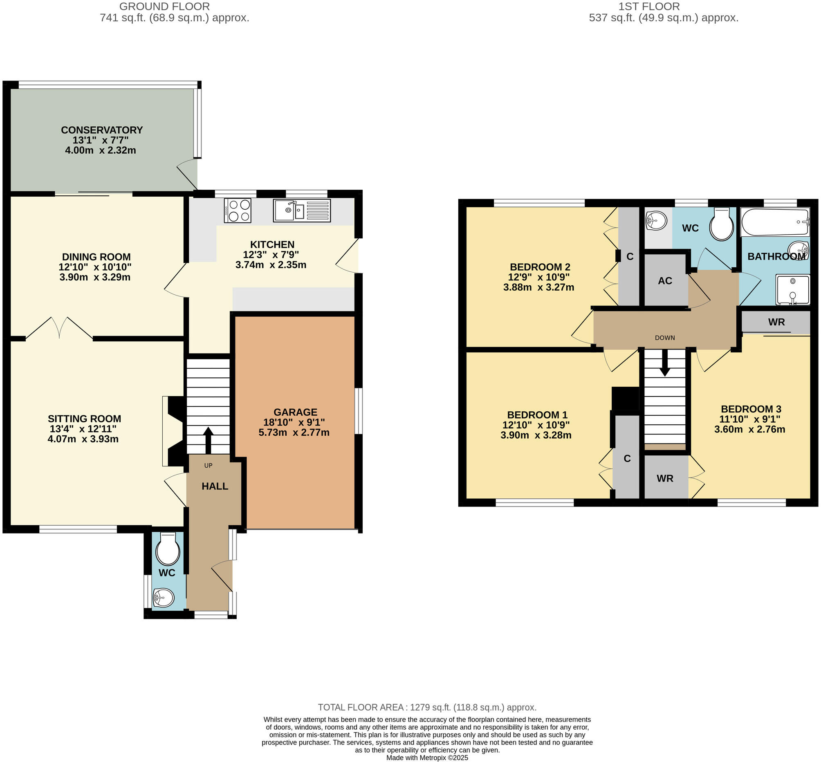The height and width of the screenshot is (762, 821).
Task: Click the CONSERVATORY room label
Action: point(101,130)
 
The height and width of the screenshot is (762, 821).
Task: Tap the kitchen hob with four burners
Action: point(238,210)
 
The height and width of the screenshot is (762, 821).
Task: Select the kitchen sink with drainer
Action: point(301,210)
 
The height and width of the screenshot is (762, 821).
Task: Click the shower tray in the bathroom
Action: point(792,289)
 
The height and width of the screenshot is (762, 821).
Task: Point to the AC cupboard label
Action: point(665,281)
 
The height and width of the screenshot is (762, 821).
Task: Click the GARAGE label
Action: point(295,412)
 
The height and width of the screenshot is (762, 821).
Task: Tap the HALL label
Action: point(214,486)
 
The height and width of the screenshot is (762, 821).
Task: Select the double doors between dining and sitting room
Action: point(59,328)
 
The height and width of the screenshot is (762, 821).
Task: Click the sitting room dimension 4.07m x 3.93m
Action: point(83,439)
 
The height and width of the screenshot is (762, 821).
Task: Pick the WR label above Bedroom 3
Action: point(776,322)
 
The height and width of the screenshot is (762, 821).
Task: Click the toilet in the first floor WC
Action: point(721,225)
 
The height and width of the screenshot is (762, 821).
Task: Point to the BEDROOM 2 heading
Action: point(539,267)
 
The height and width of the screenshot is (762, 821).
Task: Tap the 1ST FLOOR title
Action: point(648,7)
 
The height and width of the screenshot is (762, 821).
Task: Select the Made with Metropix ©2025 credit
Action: point(427,758)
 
